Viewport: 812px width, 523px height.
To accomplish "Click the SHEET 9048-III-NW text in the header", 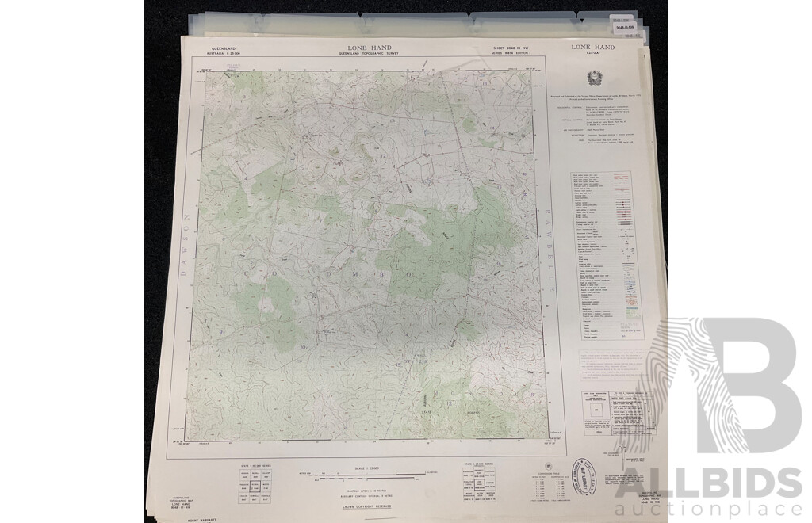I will point(505,49).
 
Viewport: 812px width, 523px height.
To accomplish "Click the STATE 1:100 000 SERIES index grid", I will point(255,483).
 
